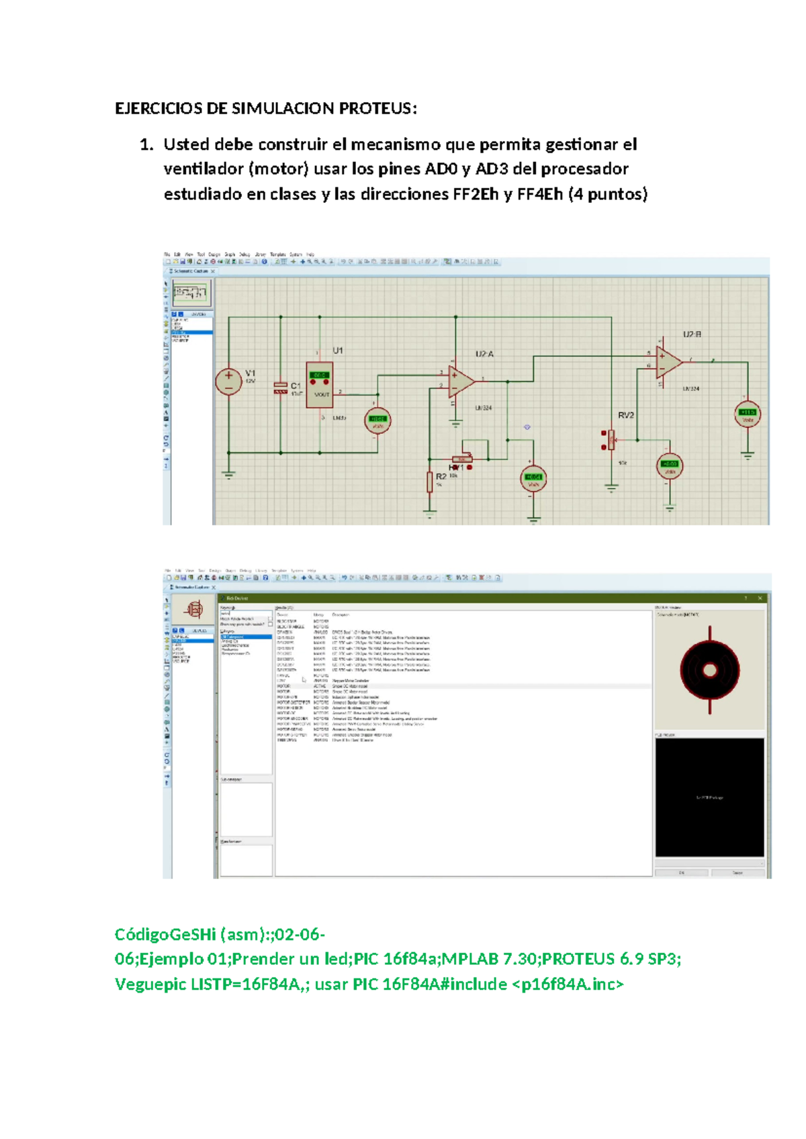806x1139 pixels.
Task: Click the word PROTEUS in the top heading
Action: [x=377, y=109]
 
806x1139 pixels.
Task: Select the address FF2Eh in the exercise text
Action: [x=476, y=195]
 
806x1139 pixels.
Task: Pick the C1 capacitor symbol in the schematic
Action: [x=281, y=388]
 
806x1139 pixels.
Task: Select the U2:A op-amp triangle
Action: [x=461, y=381]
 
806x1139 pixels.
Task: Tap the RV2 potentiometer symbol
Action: [x=611, y=440]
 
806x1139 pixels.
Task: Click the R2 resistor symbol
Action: [x=430, y=482]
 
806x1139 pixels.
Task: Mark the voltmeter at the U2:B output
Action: [x=748, y=414]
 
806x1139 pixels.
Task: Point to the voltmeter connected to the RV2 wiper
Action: [x=670, y=465]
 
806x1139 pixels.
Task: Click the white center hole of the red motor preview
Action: [x=710, y=670]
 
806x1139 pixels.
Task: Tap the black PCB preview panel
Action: [x=710, y=797]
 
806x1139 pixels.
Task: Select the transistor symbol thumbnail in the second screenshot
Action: [x=193, y=610]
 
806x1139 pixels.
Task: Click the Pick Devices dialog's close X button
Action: [x=760, y=598]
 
